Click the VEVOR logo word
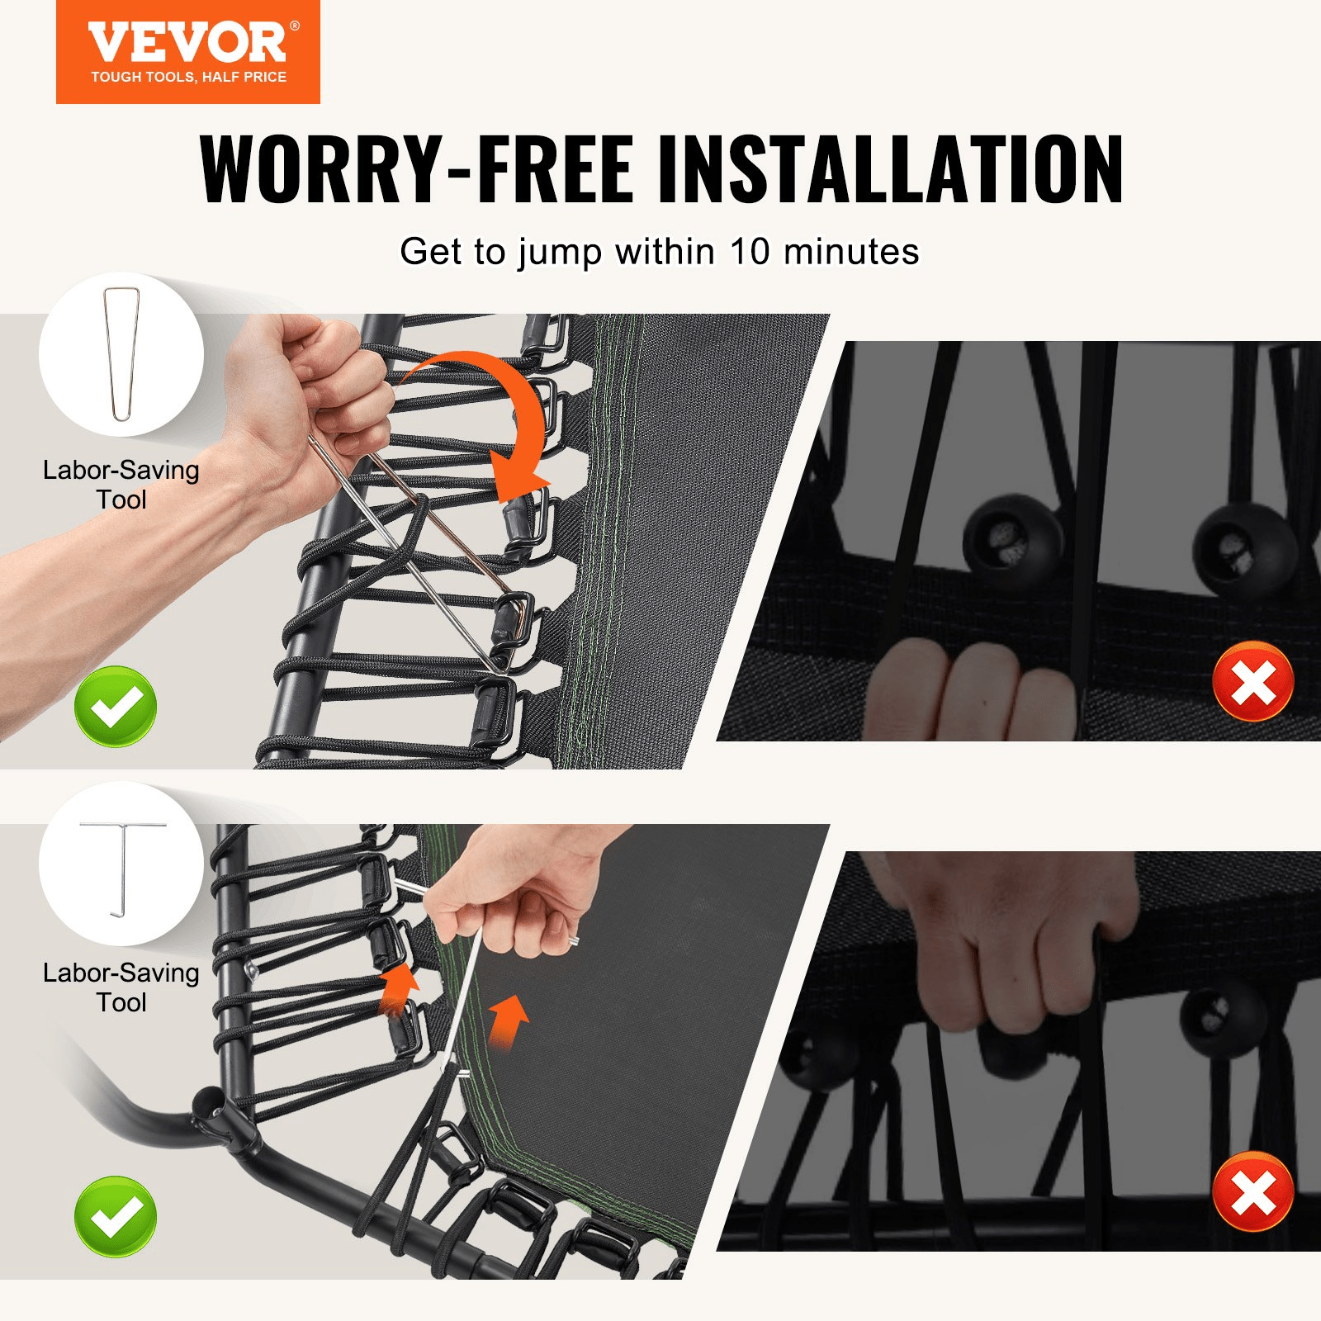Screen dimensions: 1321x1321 (x=187, y=43)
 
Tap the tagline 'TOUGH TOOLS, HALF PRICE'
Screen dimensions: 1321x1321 (x=188, y=77)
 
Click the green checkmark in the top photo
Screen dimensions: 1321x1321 (x=116, y=707)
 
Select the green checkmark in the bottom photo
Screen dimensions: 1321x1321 (x=116, y=1216)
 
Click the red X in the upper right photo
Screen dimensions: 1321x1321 (x=1252, y=682)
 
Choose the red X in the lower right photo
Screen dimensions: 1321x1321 (x=1252, y=1191)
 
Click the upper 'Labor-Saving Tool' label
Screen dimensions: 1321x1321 (x=121, y=485)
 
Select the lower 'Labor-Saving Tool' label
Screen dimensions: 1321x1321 (x=121, y=987)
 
